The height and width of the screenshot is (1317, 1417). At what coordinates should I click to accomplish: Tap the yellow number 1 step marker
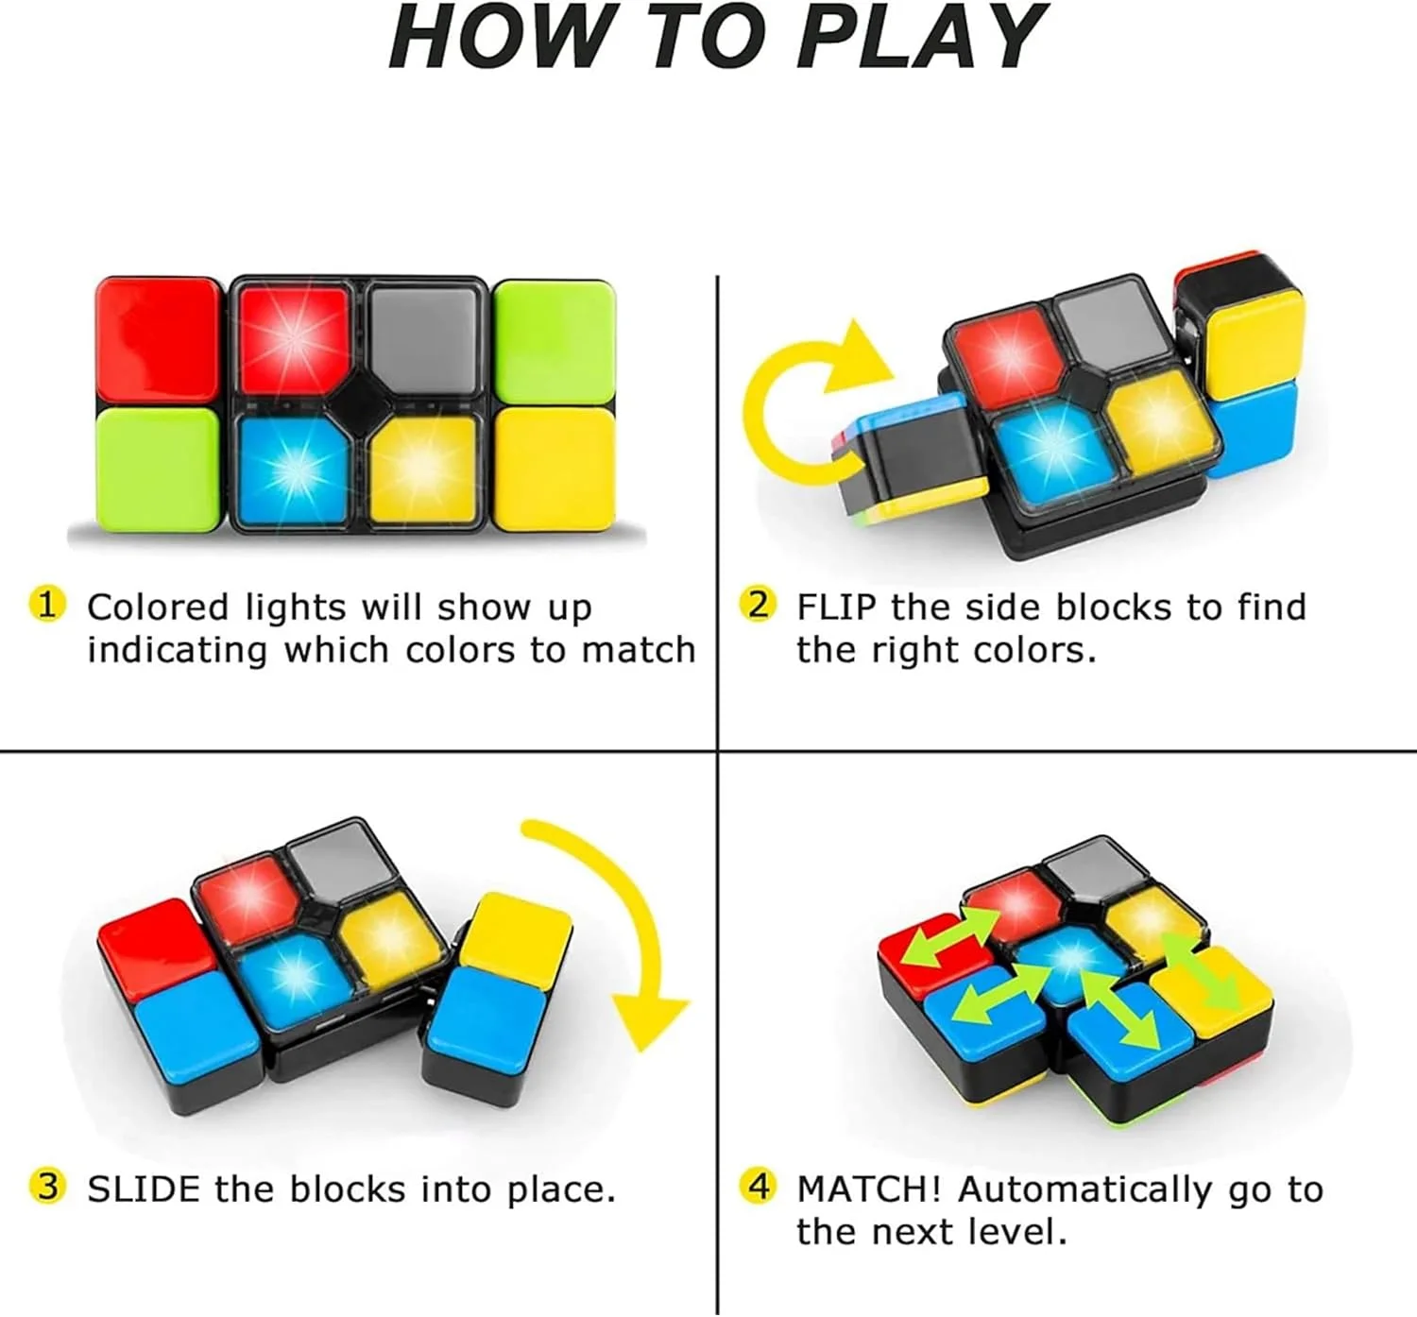tap(47, 605)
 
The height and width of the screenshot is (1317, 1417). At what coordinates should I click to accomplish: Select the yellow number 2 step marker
tap(758, 605)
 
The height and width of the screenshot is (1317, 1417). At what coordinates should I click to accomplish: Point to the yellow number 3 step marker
tap(47, 1187)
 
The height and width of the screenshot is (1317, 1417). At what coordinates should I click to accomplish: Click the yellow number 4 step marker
tap(758, 1187)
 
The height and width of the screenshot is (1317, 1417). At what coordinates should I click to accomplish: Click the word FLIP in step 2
tap(836, 607)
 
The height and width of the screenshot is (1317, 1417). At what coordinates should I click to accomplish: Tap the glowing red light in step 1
tap(294, 340)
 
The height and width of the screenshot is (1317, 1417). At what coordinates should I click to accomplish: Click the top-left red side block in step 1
tap(159, 340)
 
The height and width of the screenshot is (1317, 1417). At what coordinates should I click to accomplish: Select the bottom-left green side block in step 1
tap(159, 470)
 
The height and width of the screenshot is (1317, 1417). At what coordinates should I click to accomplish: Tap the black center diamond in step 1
tap(359, 405)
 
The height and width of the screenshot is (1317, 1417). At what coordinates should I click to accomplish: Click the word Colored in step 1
tap(158, 607)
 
